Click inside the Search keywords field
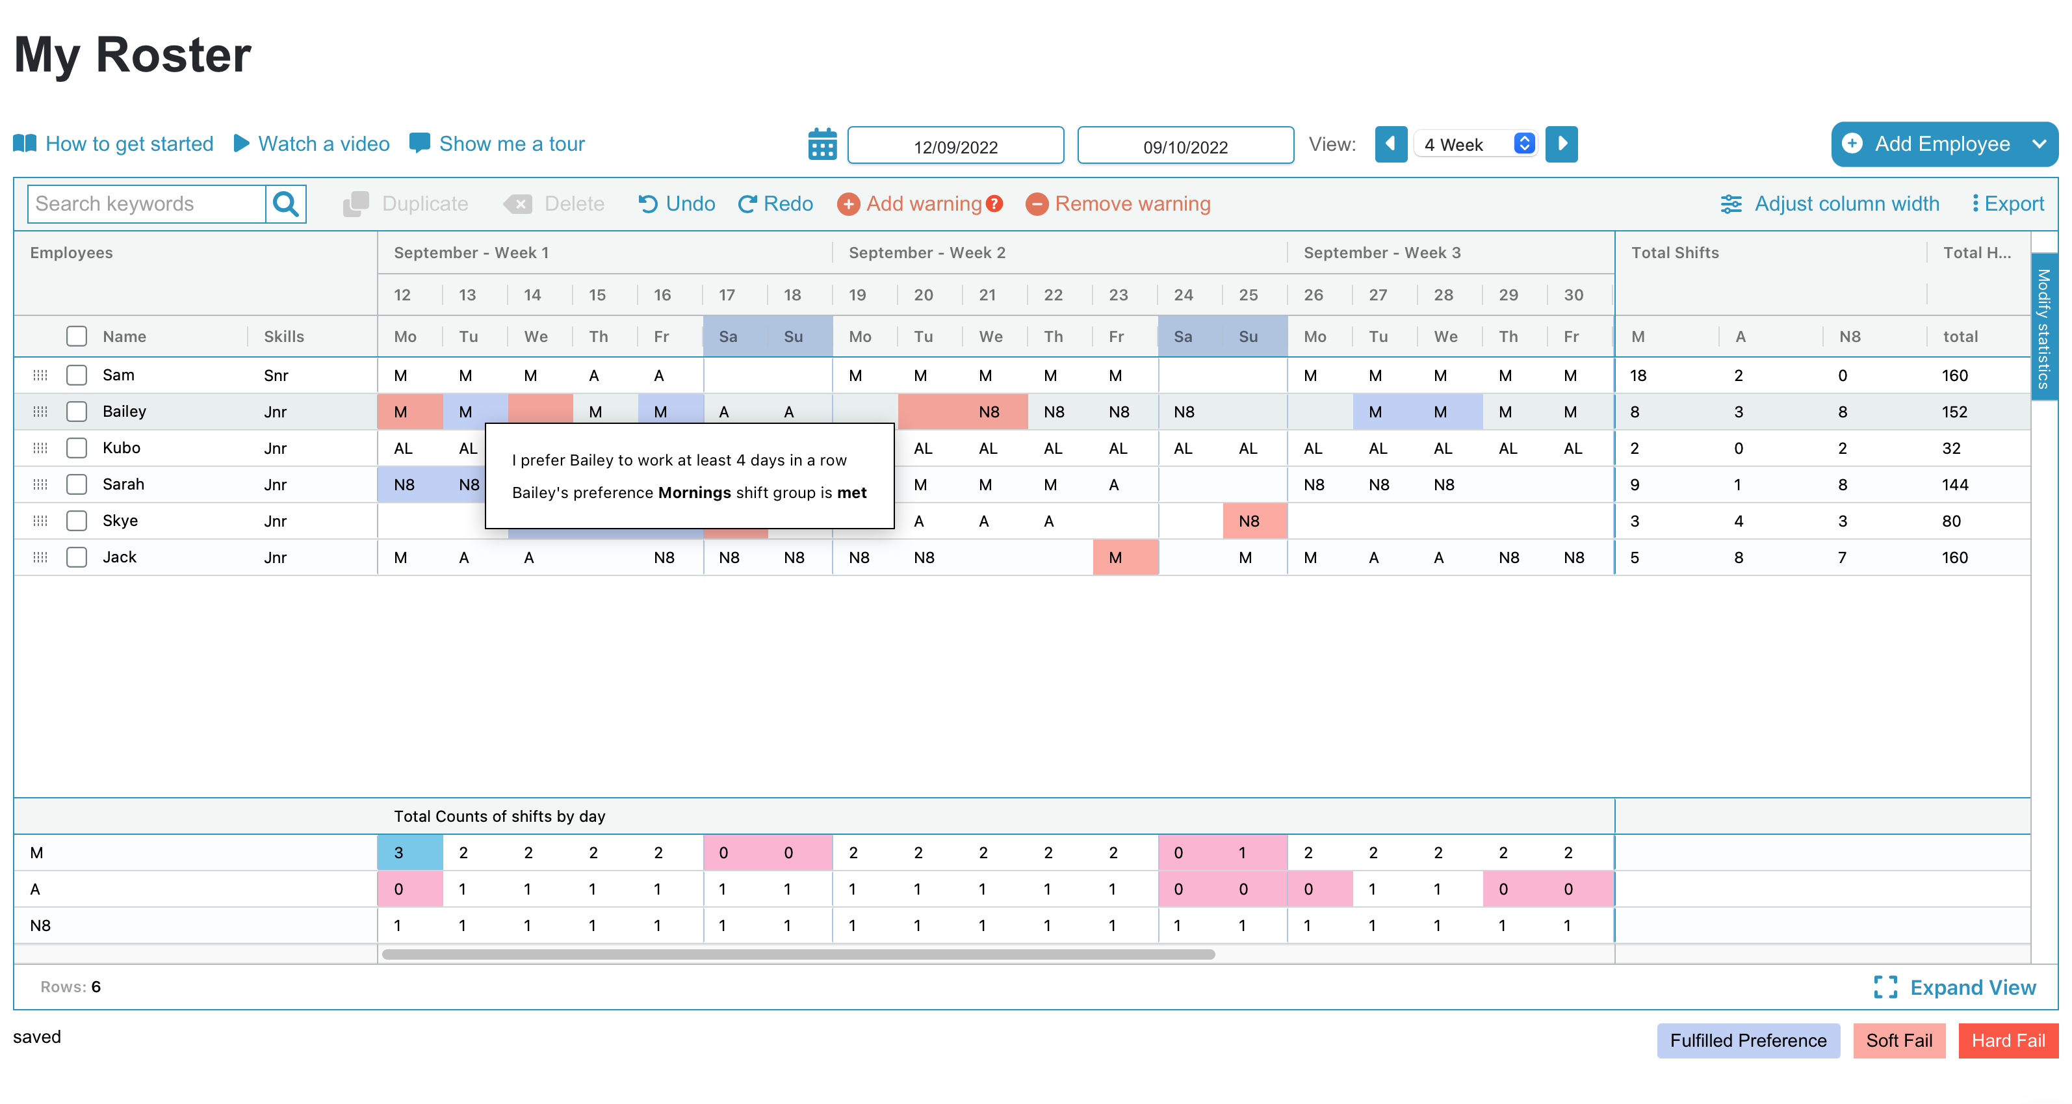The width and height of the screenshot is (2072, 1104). point(147,204)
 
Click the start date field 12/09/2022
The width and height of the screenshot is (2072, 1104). point(955,146)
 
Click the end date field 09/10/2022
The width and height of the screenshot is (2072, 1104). point(1185,146)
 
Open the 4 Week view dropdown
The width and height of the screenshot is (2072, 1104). point(1476,144)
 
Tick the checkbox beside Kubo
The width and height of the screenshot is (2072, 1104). point(77,448)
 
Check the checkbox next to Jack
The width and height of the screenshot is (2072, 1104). point(77,558)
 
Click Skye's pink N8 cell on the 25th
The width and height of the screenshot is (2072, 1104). point(1249,521)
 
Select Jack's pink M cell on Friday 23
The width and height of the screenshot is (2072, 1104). point(1117,558)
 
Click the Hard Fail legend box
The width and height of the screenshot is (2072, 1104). point(2008,1040)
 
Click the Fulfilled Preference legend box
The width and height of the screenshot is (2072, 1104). point(1748,1040)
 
